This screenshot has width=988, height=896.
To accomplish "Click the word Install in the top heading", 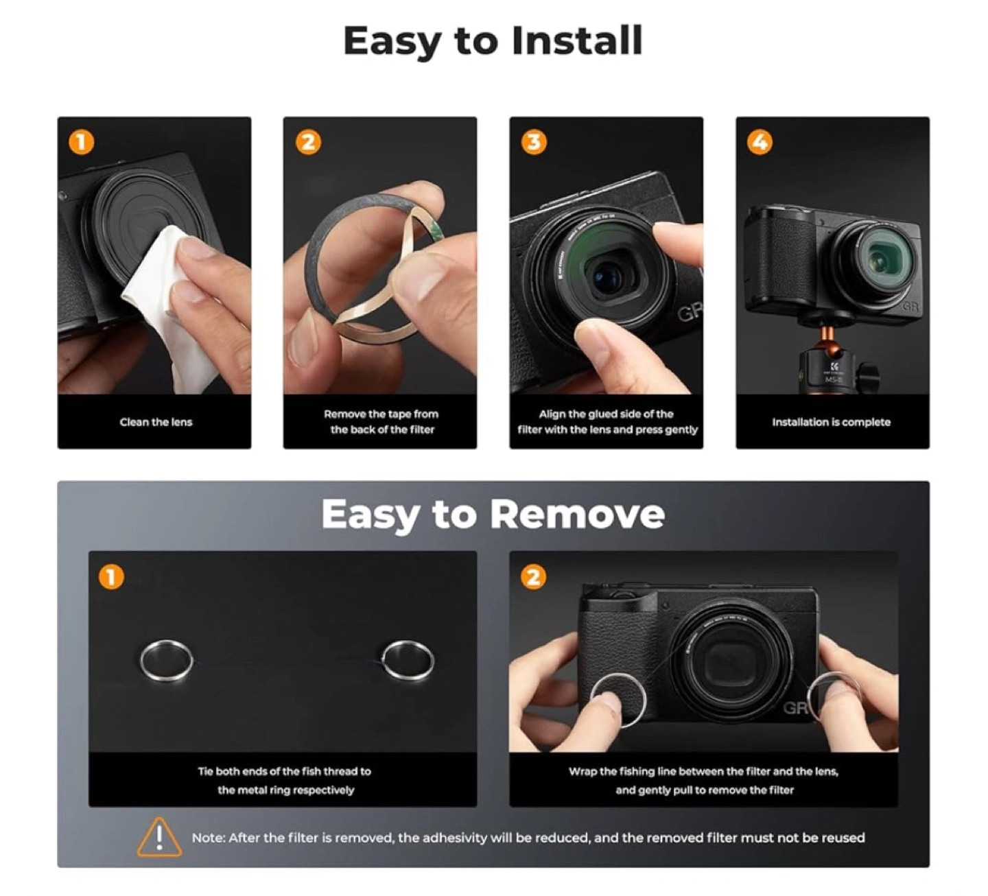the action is pos(577,40).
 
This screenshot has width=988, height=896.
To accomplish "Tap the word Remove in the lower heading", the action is pos(577,515).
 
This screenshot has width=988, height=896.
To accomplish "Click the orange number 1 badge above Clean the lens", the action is pos(81,142).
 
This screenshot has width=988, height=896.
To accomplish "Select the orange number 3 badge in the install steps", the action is pos(534,142).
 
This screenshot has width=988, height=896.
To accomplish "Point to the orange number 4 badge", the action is pos(760,142).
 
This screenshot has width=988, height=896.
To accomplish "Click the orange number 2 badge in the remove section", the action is pos(533,577).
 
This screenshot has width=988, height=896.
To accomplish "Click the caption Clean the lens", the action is pos(156,422).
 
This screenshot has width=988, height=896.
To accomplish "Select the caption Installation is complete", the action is pos(832,422).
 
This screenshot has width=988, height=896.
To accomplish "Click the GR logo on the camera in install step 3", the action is pos(689,314).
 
